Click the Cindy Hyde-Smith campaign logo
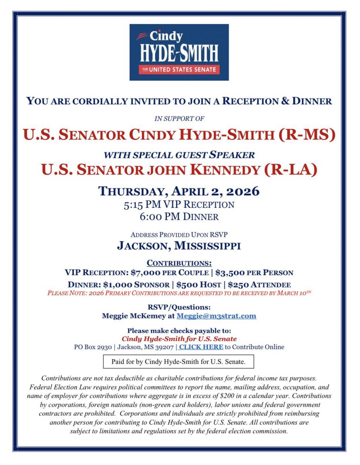tap(179, 52)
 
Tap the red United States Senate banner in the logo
tap(179, 70)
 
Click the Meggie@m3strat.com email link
tap(216, 316)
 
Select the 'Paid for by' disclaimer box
tap(178, 362)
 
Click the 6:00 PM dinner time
tap(153, 216)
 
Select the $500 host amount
tap(188, 284)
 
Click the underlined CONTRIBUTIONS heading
tap(179, 263)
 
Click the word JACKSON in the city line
tap(142, 246)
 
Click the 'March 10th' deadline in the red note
tap(294, 293)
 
